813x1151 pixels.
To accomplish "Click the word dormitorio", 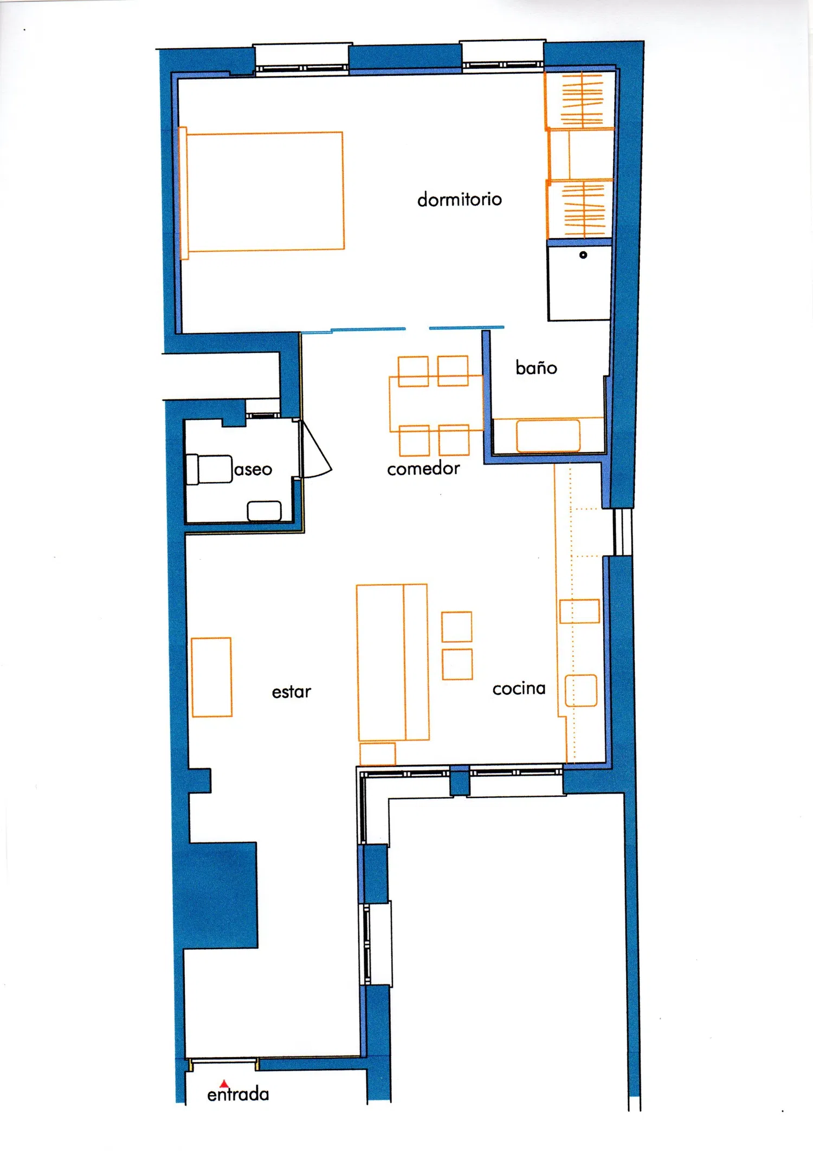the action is point(460,199).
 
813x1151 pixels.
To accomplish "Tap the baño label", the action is point(536,367).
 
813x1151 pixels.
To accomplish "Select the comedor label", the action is point(423,468).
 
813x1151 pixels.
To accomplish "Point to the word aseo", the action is point(253,469).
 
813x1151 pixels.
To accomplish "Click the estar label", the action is point(292,692).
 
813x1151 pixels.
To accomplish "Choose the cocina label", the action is point(519,688).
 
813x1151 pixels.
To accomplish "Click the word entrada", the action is point(238,1094).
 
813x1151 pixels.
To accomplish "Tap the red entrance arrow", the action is point(224,1084).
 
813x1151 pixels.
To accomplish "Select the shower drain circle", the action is point(583,255).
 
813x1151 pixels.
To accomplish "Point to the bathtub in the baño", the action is point(548,435).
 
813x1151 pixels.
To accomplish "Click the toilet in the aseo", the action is point(209,469).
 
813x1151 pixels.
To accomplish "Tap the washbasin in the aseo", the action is point(264,511).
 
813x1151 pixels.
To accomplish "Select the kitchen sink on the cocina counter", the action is point(581,690).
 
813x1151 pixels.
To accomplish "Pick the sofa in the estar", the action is point(392,662).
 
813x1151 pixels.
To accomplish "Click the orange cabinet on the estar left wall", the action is point(211,677).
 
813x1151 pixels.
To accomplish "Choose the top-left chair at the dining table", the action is point(413,372).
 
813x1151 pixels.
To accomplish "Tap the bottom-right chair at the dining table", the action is point(454,440).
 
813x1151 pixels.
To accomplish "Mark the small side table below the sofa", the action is point(378,754).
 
